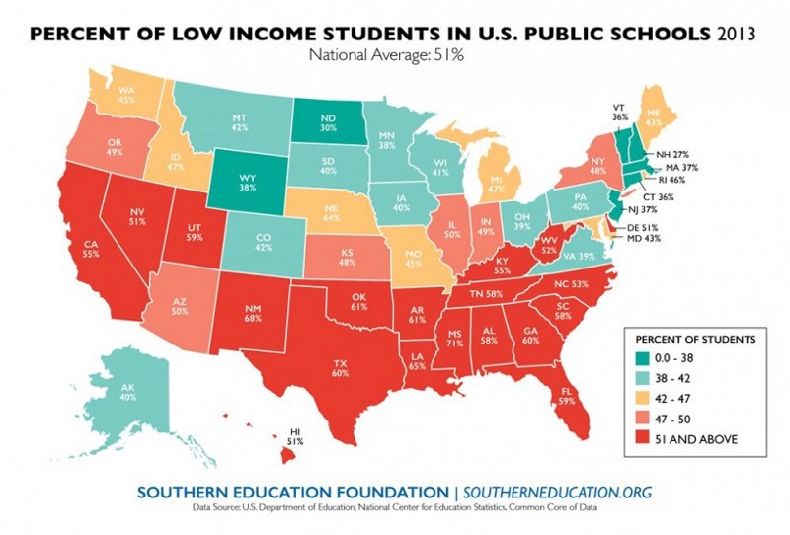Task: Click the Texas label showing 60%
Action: [341, 368]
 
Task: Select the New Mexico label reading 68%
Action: [253, 314]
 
